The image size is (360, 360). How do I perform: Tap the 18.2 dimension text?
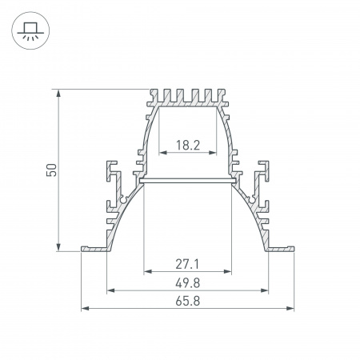pyautogui.click(x=187, y=146)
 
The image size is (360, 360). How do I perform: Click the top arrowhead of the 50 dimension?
pyautogui.click(x=59, y=94)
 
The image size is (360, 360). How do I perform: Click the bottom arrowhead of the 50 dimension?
pyautogui.click(x=59, y=247)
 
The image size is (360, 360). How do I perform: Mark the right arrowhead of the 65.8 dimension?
pyautogui.click(x=290, y=307)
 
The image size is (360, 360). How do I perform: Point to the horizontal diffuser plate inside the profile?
pyautogui.click(x=187, y=182)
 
